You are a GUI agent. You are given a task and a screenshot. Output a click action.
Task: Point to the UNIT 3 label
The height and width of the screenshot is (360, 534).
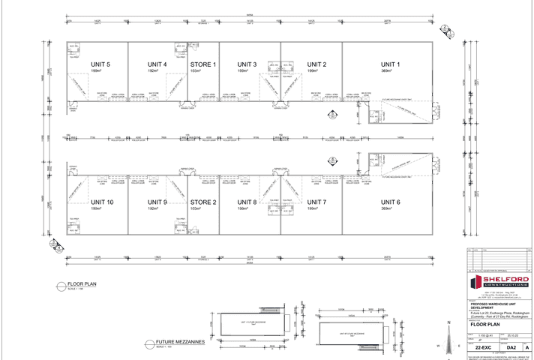coord(247,64)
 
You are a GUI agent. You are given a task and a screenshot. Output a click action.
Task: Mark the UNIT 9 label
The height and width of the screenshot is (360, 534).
coord(156,202)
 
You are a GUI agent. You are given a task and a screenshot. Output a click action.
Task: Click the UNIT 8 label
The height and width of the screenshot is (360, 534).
coord(247,202)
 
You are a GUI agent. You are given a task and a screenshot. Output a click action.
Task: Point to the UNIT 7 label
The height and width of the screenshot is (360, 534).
coord(316,202)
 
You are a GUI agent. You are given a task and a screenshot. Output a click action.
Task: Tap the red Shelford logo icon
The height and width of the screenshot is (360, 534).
coord(475,283)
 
